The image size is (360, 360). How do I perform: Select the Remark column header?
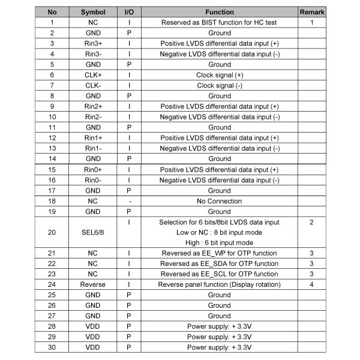click(312, 11)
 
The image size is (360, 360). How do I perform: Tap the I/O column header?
click(130, 11)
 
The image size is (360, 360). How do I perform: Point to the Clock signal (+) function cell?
click(220, 74)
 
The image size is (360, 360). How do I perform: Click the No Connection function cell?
click(220, 201)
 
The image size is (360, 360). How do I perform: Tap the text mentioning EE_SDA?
click(220, 263)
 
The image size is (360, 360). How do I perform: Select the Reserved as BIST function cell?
click(220, 22)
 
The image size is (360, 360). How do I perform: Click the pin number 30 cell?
click(52, 347)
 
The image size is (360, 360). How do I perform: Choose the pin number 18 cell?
click(52, 201)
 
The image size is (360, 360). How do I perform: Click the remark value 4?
click(312, 284)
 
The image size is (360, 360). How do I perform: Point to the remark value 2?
click(312, 222)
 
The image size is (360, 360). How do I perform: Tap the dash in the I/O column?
click(130, 201)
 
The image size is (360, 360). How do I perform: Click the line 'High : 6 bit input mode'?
click(220, 242)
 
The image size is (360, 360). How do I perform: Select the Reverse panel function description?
click(220, 284)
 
